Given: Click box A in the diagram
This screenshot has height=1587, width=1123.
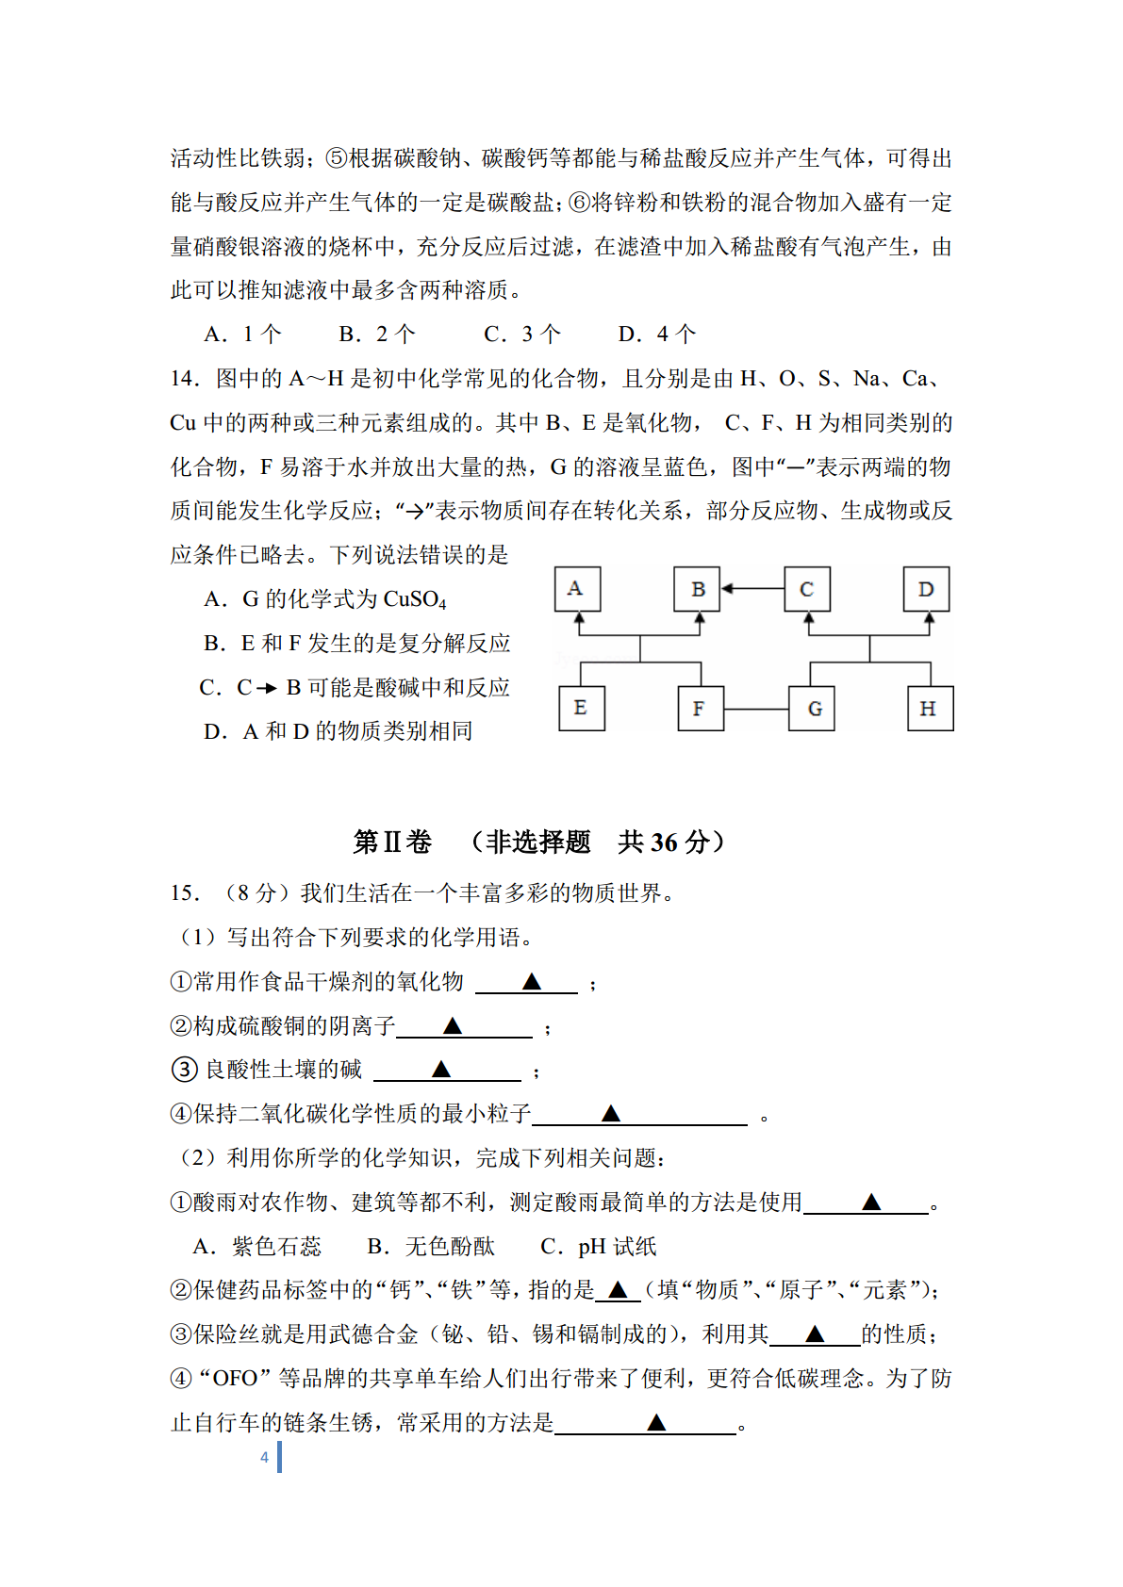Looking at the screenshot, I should click(x=577, y=590).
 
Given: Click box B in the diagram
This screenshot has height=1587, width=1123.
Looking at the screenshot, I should click(x=698, y=590).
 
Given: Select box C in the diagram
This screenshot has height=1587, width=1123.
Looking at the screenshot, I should click(x=807, y=590).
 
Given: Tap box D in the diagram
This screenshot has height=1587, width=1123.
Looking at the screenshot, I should click(x=926, y=590).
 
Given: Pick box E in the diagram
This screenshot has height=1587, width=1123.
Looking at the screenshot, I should click(x=581, y=709).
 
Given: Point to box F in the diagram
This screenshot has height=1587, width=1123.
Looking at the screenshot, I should click(x=701, y=709).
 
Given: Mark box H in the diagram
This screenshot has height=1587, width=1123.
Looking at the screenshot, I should click(x=930, y=709).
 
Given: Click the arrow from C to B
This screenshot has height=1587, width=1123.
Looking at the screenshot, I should click(x=752, y=589).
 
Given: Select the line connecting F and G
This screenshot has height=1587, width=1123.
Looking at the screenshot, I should click(x=756, y=709).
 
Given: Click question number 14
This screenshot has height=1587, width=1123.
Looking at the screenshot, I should click(x=185, y=379).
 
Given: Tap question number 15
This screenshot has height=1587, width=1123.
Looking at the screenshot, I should click(x=185, y=893).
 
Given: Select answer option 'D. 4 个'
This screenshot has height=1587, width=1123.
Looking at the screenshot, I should click(x=657, y=334).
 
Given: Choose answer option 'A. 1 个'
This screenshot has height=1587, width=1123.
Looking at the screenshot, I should click(x=242, y=334).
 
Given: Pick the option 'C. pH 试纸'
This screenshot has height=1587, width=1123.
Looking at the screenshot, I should click(x=599, y=1247).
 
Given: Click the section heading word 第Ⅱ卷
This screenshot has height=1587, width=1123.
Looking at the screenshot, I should click(x=392, y=842).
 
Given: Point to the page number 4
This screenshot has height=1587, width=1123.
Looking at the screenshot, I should click(x=265, y=1457).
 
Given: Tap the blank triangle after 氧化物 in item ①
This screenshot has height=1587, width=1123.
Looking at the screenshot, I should click(x=532, y=982).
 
